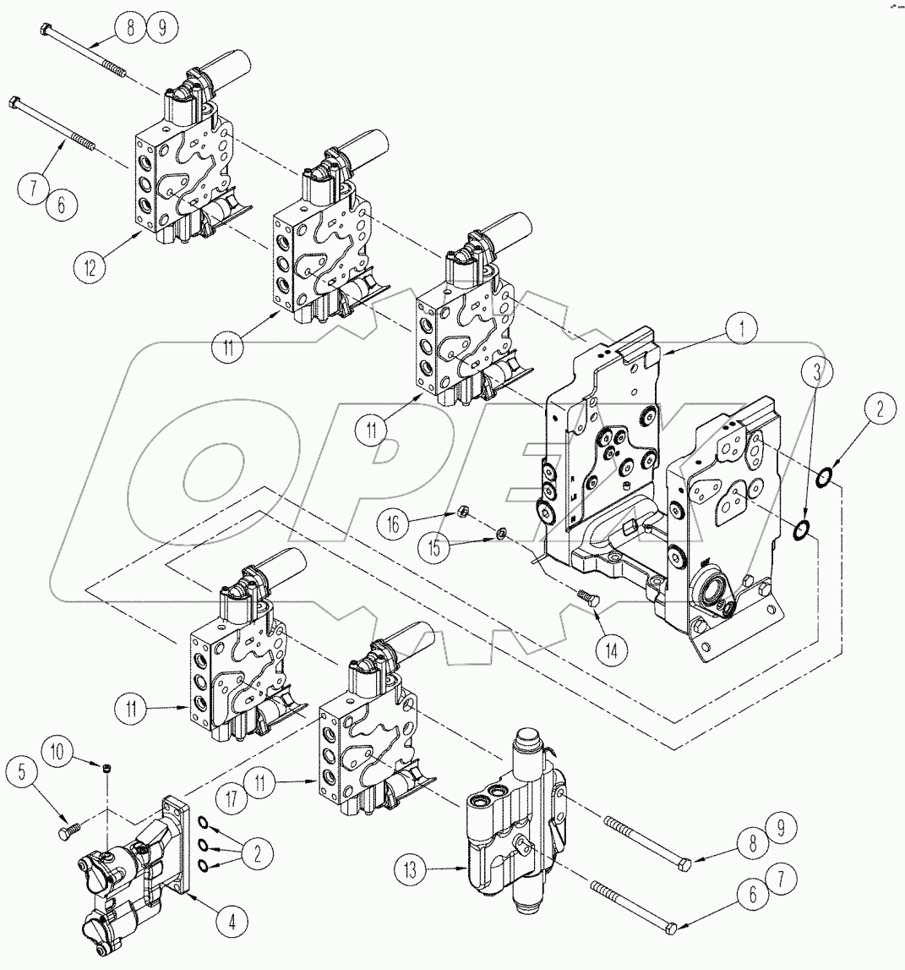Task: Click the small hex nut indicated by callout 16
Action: point(463,511)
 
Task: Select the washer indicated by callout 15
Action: point(501,533)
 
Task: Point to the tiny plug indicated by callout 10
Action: point(106,768)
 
